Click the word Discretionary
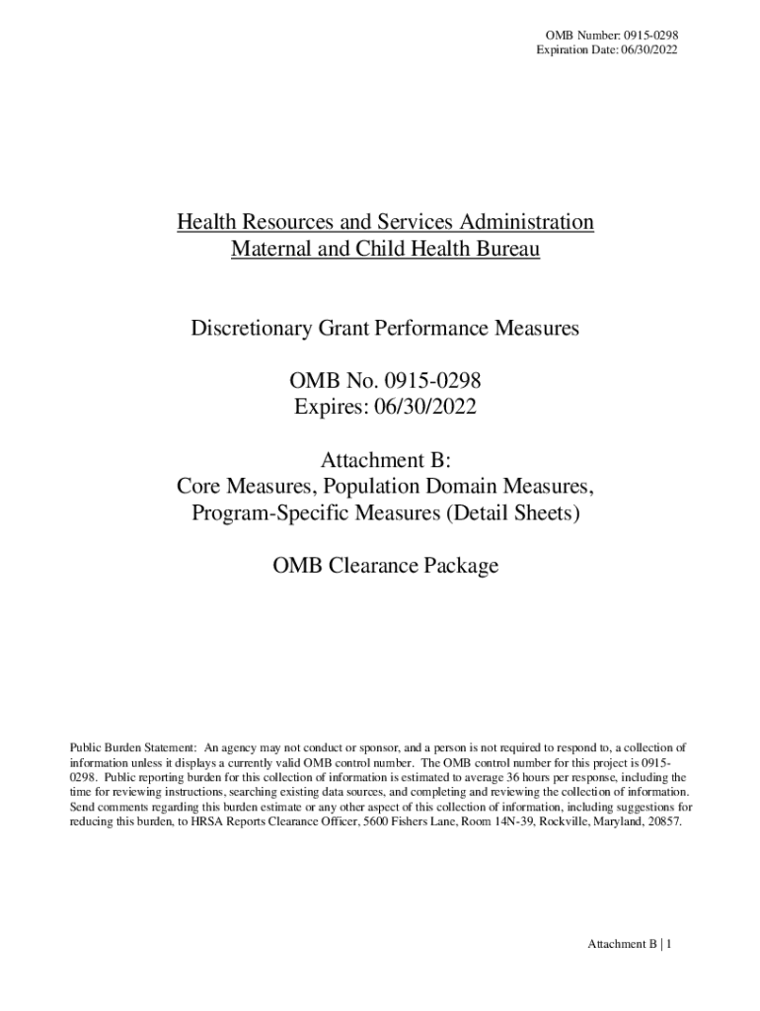click(x=252, y=328)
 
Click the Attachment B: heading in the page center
click(x=385, y=460)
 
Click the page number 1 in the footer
click(x=670, y=945)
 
